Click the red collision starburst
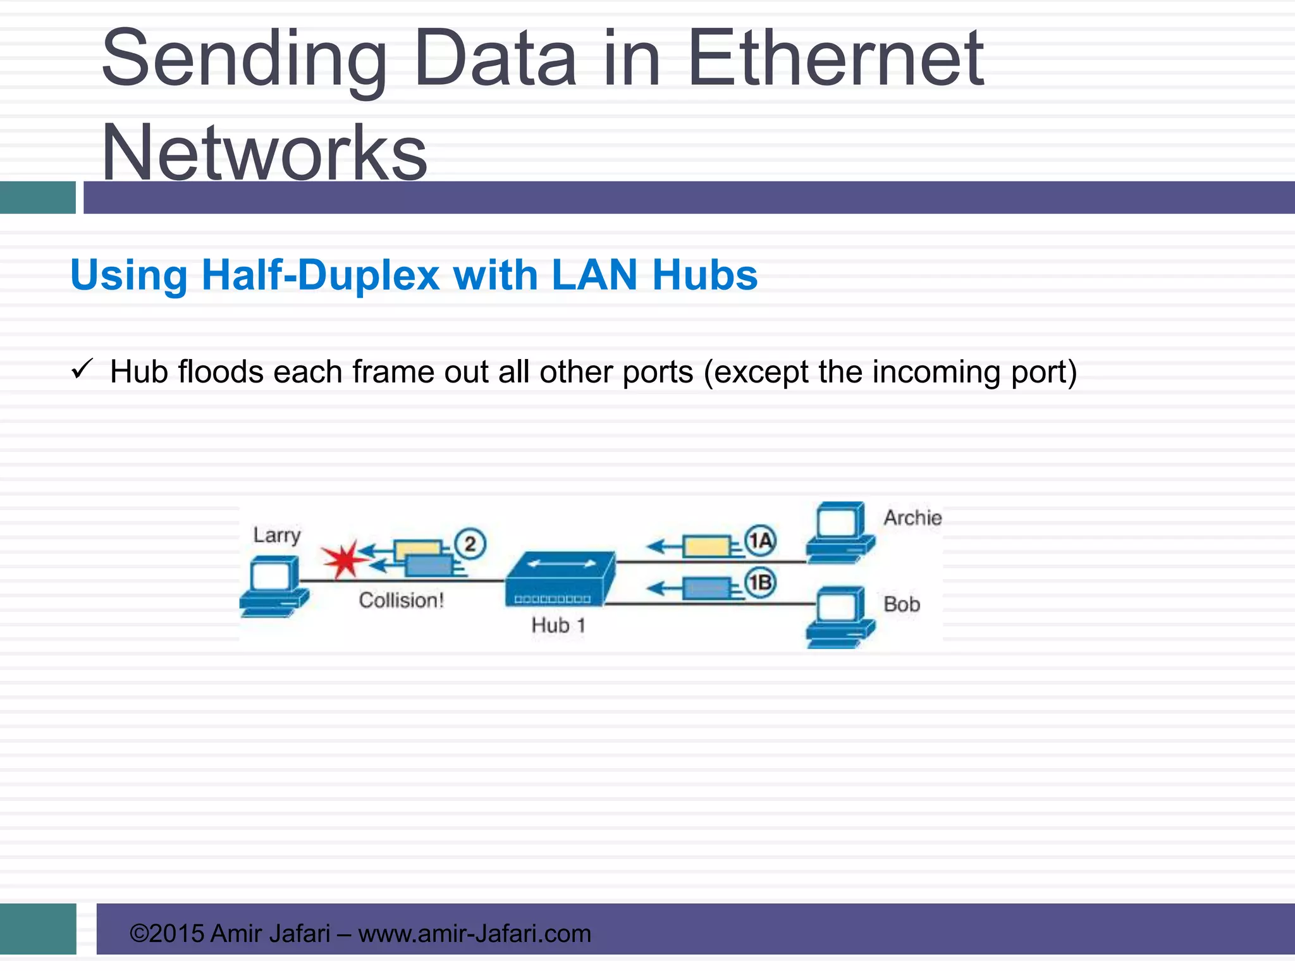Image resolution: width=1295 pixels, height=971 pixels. point(343,559)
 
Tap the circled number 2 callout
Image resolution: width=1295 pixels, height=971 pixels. point(470,544)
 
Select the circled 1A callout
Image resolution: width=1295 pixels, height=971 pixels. point(760,541)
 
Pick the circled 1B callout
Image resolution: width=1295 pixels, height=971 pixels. point(760,582)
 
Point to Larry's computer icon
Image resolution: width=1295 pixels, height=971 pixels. point(274,586)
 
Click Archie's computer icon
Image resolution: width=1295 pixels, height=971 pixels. point(840,533)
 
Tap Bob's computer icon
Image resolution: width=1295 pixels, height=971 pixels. point(840,617)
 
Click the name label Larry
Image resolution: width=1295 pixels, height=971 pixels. point(277,536)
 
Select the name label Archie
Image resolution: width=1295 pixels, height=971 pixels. point(912,518)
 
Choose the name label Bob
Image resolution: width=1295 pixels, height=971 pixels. point(902,605)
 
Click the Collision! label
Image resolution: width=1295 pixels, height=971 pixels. point(402,601)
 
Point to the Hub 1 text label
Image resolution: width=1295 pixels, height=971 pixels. point(558,626)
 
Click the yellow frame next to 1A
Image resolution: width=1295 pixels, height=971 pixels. point(706,546)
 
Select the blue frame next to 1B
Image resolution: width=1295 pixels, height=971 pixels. point(706,589)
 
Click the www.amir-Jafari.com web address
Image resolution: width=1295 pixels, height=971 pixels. point(474,934)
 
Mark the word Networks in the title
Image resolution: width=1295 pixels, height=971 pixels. point(264,153)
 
